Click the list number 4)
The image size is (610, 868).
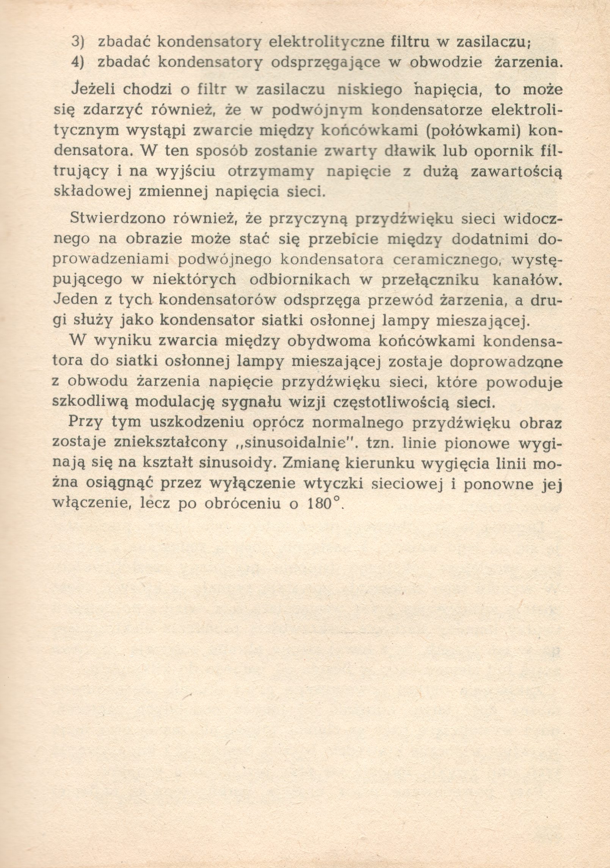(x=78, y=62)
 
